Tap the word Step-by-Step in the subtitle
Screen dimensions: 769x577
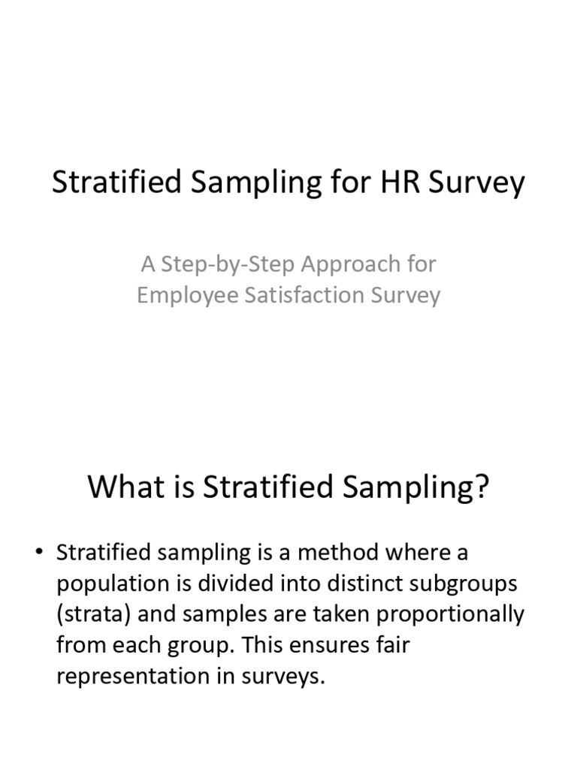(230, 264)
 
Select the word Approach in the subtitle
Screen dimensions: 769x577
(352, 264)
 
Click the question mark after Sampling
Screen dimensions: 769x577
(482, 487)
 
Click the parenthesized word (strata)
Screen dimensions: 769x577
(95, 614)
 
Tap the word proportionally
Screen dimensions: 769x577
(449, 614)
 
